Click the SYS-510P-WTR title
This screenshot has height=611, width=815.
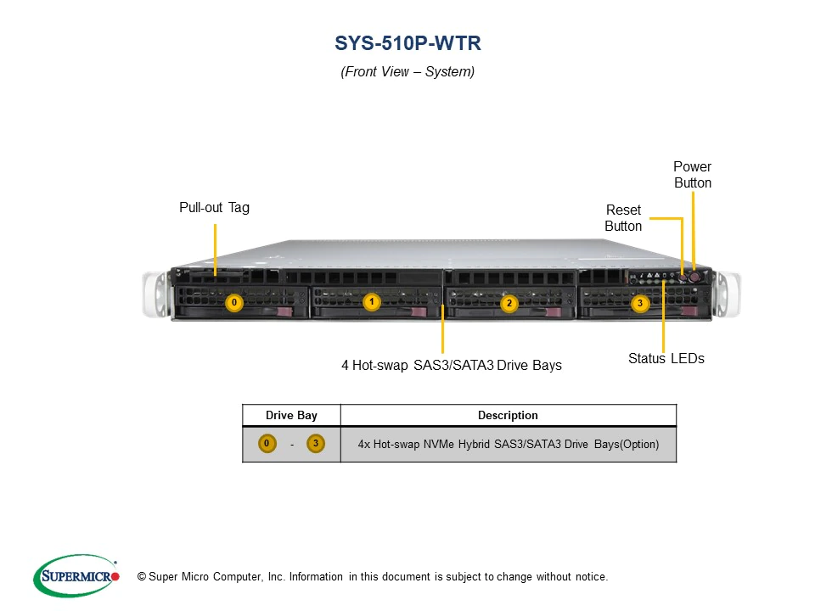pyautogui.click(x=407, y=42)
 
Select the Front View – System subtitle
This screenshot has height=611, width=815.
pyautogui.click(x=407, y=72)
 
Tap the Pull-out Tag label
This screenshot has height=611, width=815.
pyautogui.click(x=214, y=207)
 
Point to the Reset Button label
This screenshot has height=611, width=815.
pyautogui.click(x=623, y=218)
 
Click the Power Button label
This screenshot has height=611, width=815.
pyautogui.click(x=693, y=175)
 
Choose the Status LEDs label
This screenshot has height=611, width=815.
pyautogui.click(x=666, y=358)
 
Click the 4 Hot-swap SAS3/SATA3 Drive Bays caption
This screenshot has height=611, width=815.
pyautogui.click(x=452, y=365)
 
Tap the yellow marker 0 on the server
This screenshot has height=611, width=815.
pyautogui.click(x=235, y=302)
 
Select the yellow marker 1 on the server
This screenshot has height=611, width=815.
pyautogui.click(x=371, y=301)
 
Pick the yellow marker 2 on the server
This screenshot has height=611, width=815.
pyautogui.click(x=509, y=303)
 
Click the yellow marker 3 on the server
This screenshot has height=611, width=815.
pyautogui.click(x=640, y=303)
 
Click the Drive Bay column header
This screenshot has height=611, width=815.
pyautogui.click(x=291, y=415)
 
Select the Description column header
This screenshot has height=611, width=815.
pyautogui.click(x=508, y=415)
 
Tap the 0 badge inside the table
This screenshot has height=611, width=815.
pyautogui.click(x=267, y=444)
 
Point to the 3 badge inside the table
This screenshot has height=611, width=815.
pyautogui.click(x=315, y=444)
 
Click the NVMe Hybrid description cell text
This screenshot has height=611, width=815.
pyautogui.click(x=508, y=444)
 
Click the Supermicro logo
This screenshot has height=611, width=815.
pyautogui.click(x=76, y=576)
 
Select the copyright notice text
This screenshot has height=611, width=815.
pyautogui.click(x=367, y=577)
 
